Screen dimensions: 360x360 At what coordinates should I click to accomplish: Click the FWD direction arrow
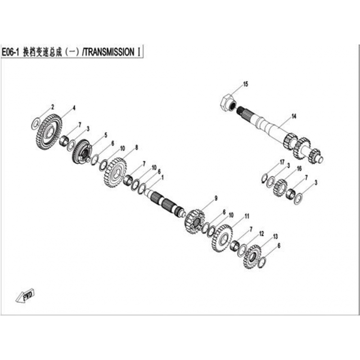[x=25, y=296]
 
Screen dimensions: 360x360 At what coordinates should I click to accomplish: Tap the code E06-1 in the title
[x=10, y=52]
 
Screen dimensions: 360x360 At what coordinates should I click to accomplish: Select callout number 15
[x=245, y=84]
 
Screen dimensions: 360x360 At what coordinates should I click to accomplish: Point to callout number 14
[x=294, y=117]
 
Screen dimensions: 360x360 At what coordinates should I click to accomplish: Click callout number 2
[x=53, y=107]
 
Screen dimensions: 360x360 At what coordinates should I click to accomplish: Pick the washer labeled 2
[x=35, y=124]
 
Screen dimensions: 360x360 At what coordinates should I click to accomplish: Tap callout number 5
[x=106, y=135]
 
